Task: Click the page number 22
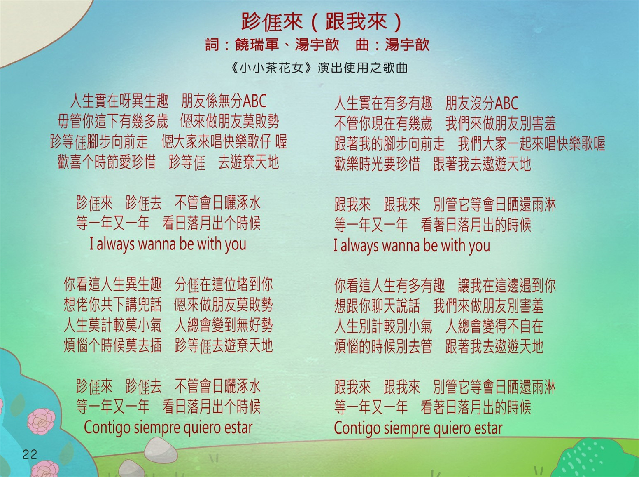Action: click(30, 454)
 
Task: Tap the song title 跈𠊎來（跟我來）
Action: click(322, 21)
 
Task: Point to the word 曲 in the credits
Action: click(362, 45)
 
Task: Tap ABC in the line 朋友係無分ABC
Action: click(255, 101)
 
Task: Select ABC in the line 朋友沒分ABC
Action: click(507, 103)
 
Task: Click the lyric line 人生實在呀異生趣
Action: click(119, 101)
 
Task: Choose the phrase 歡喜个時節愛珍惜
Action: click(107, 162)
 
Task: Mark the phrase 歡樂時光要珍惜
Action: click(377, 164)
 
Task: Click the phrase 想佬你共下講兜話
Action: click(113, 305)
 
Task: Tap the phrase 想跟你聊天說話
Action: click(377, 306)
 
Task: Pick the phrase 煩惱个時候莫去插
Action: click(113, 346)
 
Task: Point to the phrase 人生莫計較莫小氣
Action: click(113, 325)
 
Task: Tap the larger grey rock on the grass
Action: click(161, 450)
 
